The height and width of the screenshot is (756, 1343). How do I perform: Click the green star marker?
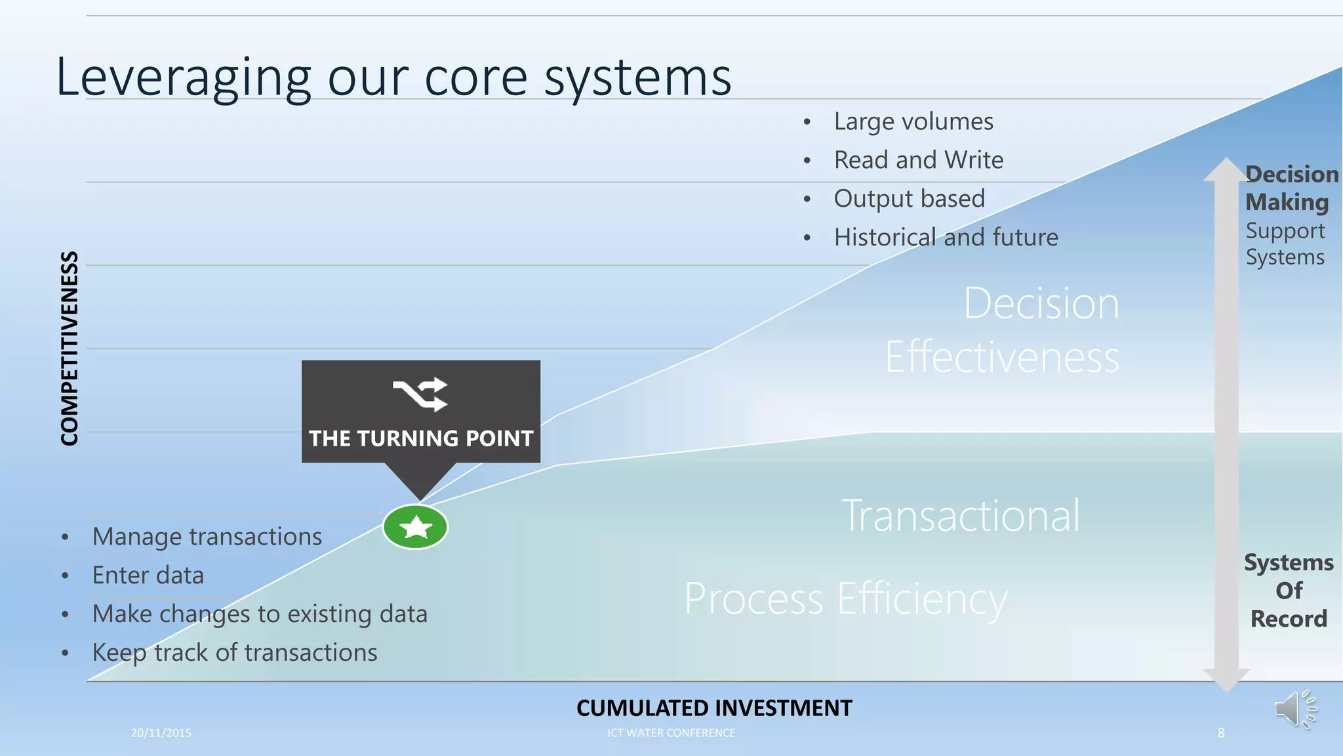tap(415, 527)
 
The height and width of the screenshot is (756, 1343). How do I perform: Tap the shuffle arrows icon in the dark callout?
tap(420, 394)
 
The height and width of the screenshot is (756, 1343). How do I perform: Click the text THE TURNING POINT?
tap(421, 438)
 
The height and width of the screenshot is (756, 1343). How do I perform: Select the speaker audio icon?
tap(1294, 709)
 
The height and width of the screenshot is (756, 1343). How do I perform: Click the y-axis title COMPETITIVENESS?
tap(70, 348)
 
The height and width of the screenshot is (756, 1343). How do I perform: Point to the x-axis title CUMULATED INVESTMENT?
tap(713, 708)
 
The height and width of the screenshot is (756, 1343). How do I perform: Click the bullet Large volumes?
tap(913, 121)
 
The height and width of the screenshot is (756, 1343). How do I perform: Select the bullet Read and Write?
tap(918, 160)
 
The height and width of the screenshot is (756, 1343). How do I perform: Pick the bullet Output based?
tap(909, 198)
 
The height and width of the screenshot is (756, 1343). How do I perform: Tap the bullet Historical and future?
tap(946, 237)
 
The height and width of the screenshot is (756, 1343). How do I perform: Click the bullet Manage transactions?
tap(207, 537)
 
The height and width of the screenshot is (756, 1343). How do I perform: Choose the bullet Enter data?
tap(148, 576)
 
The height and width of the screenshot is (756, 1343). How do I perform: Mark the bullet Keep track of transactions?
tap(234, 652)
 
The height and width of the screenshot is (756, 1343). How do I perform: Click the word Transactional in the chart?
tap(961, 516)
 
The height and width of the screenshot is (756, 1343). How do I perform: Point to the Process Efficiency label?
tap(845, 598)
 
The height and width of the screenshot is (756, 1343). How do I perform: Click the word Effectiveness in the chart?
tap(1002, 358)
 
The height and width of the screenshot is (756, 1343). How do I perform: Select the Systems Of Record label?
tap(1289, 591)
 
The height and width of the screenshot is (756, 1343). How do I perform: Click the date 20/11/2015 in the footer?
tap(161, 733)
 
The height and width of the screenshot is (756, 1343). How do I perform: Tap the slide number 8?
tap(1221, 733)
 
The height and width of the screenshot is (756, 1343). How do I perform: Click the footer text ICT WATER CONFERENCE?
tap(671, 733)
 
